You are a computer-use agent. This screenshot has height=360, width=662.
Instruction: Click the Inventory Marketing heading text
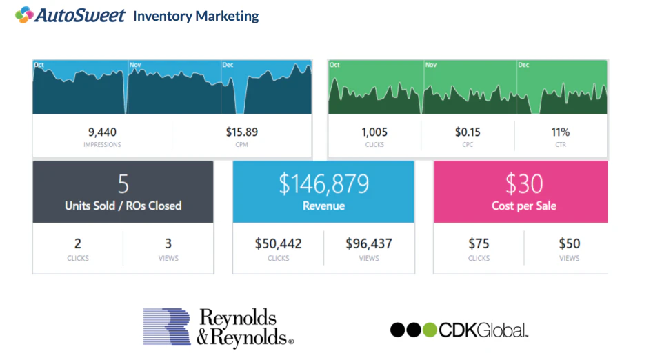point(196,15)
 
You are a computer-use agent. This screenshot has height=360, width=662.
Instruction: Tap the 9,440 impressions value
point(102,132)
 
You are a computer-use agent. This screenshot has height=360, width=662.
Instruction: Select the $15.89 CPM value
point(241,132)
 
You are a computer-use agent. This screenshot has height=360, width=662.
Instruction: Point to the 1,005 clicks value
point(374,132)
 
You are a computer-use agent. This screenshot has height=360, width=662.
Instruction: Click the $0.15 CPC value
point(468,132)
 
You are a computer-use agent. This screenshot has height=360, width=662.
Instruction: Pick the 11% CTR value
point(560,132)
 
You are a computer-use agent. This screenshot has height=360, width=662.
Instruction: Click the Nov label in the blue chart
point(134,65)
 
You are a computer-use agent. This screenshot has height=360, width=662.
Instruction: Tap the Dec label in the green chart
point(523,65)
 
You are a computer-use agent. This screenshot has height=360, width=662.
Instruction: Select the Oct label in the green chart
point(334,65)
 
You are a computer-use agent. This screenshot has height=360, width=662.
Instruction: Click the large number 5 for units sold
point(123,183)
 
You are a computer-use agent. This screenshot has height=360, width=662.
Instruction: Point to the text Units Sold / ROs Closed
point(123,206)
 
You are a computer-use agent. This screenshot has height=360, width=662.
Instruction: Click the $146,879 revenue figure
point(323,183)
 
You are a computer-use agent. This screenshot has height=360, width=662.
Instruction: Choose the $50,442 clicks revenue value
point(278,243)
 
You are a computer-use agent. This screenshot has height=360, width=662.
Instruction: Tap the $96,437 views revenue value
point(368,243)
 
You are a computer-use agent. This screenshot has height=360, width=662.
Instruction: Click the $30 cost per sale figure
point(523,183)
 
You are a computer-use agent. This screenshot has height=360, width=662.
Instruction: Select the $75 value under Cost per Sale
point(479,243)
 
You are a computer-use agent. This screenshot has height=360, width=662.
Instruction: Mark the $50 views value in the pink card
point(569,243)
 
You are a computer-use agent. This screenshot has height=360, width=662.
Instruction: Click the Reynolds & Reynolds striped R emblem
point(166,326)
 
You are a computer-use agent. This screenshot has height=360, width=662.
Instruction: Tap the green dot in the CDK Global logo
point(430,330)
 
